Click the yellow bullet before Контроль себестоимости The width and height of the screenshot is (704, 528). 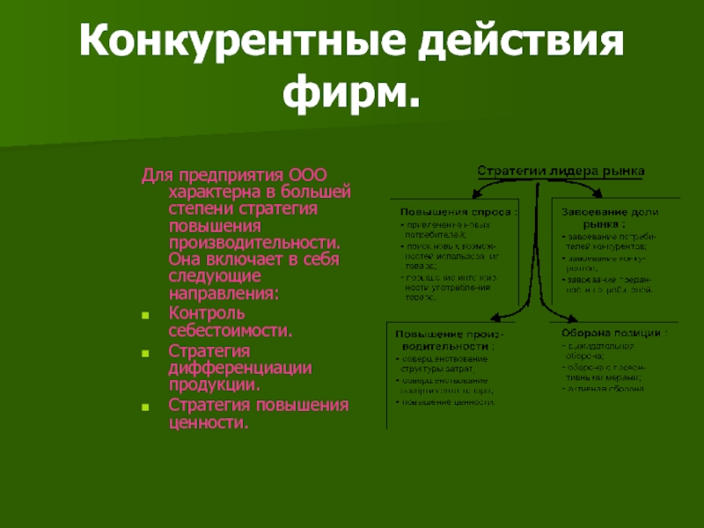pyautogui.click(x=147, y=314)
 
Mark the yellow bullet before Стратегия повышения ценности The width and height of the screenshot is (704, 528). pyautogui.click(x=147, y=406)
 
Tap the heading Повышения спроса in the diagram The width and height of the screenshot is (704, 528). pyautogui.click(x=458, y=211)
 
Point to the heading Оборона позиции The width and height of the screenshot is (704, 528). pyautogui.click(x=614, y=334)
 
